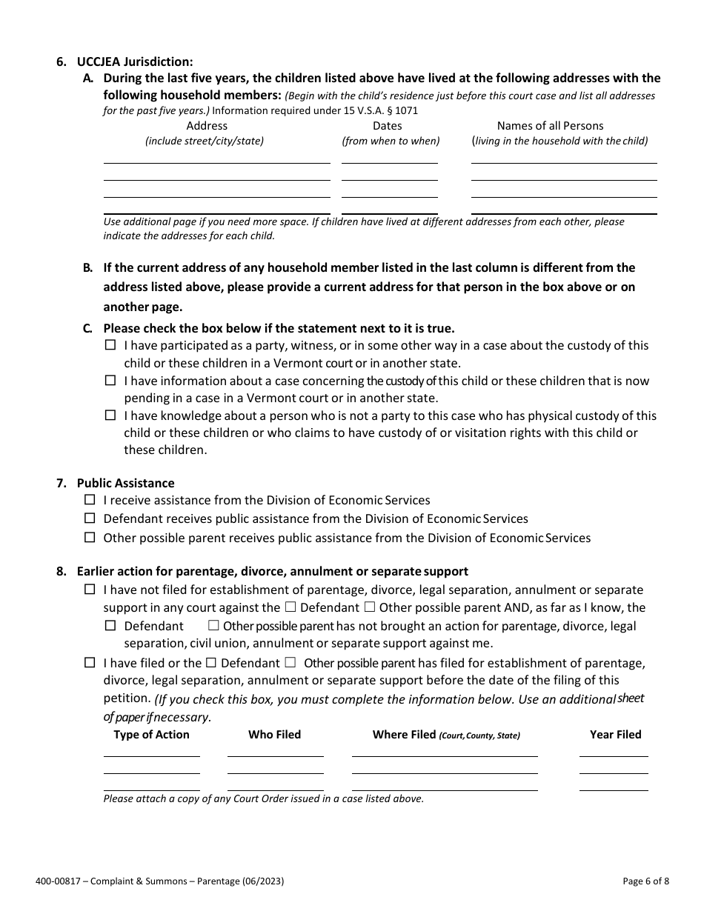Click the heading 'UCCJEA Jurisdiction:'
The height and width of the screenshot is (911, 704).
pos(135,61)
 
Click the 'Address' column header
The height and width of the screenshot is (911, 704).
pos(207,126)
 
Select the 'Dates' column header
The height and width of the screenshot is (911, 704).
pos(387,126)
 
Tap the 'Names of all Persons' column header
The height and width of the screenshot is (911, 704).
pos(550,126)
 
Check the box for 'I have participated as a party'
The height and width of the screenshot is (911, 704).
pos(110,345)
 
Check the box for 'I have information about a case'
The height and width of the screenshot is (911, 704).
pos(110,381)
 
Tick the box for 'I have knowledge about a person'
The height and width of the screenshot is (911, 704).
pos(110,416)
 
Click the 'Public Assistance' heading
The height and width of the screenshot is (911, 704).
pos(125,484)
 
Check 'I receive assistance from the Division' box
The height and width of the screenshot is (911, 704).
pos(90,501)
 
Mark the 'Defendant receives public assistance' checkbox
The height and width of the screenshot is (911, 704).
pos(90,518)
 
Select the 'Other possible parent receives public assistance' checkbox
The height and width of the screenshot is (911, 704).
pos(90,538)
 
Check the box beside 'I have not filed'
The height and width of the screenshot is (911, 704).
pos(90,590)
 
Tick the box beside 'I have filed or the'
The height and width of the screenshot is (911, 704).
pos(90,663)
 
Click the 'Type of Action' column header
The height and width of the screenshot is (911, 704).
pos(151,735)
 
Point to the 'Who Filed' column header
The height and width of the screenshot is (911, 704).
pos(274,735)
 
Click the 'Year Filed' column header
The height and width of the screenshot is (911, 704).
pos(615,735)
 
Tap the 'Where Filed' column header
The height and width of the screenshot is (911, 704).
pos(445,735)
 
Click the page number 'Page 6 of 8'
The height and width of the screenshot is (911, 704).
pos(646,881)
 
